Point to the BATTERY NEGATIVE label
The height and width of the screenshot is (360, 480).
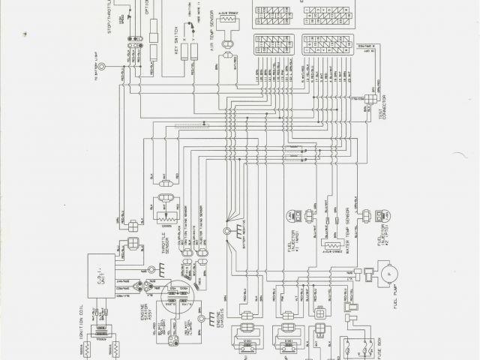[242, 242]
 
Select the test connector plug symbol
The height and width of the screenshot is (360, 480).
[371, 97]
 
